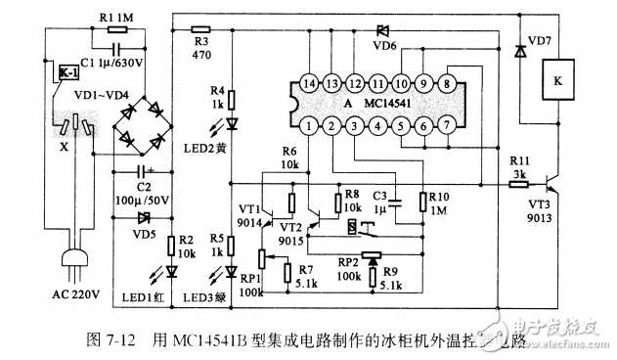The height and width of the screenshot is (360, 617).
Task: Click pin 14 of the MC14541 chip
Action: (308, 83)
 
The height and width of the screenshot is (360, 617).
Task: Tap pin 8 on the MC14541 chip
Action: (446, 83)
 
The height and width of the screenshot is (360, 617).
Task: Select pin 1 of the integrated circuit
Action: (308, 124)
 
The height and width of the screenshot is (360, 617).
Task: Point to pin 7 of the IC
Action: (446, 124)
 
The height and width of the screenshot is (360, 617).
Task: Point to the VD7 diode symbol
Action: (517, 49)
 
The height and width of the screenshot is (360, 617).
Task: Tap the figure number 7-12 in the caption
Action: (122, 339)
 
